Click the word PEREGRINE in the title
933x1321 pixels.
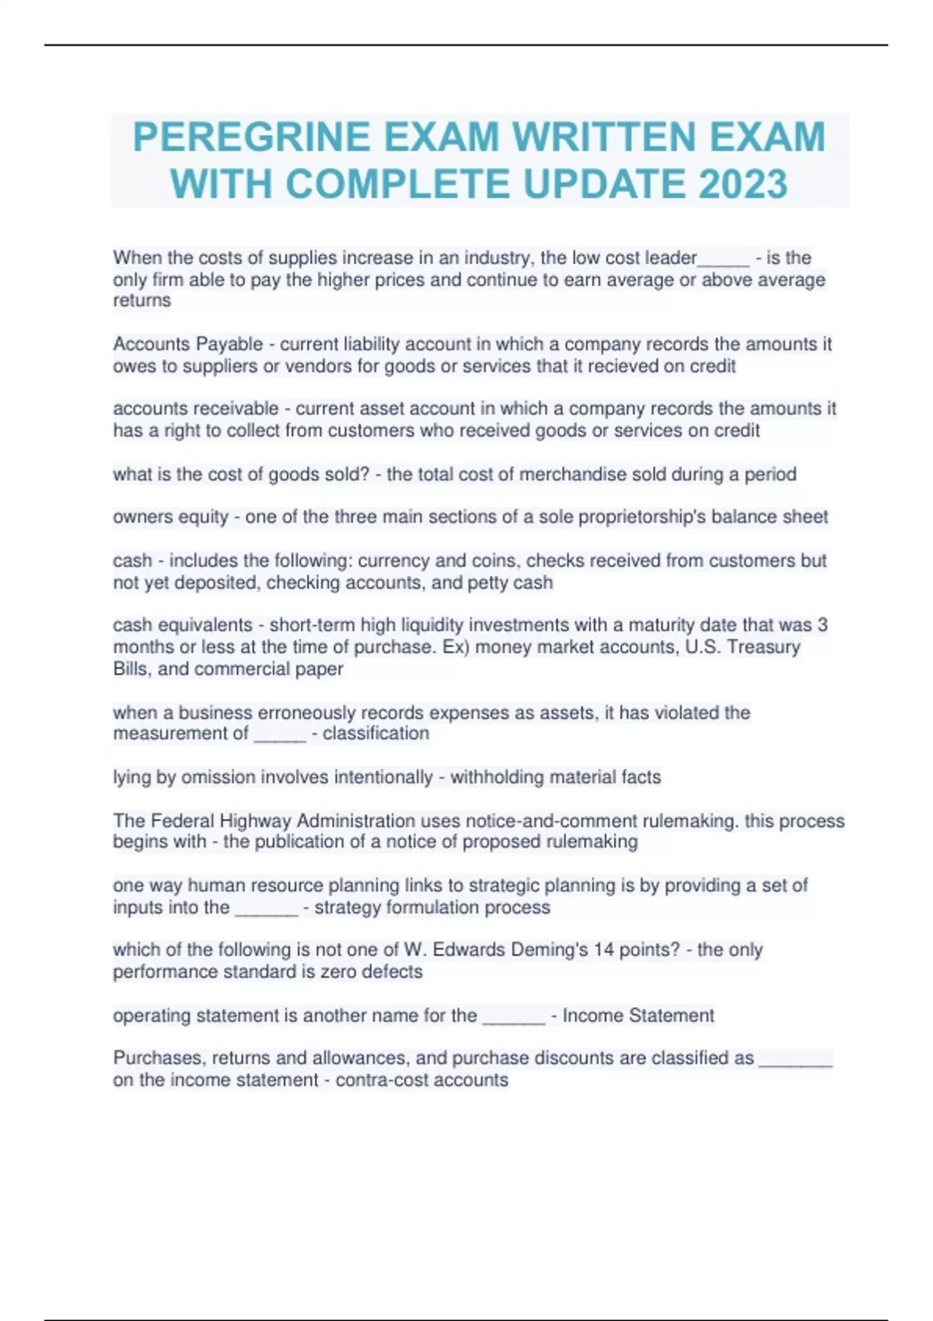pos(250,138)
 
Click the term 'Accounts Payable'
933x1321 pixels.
pos(187,344)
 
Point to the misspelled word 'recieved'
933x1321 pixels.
pos(622,366)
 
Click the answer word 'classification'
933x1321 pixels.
pos(376,734)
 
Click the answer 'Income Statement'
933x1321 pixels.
pos(638,1016)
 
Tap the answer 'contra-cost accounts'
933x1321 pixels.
pos(421,1080)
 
